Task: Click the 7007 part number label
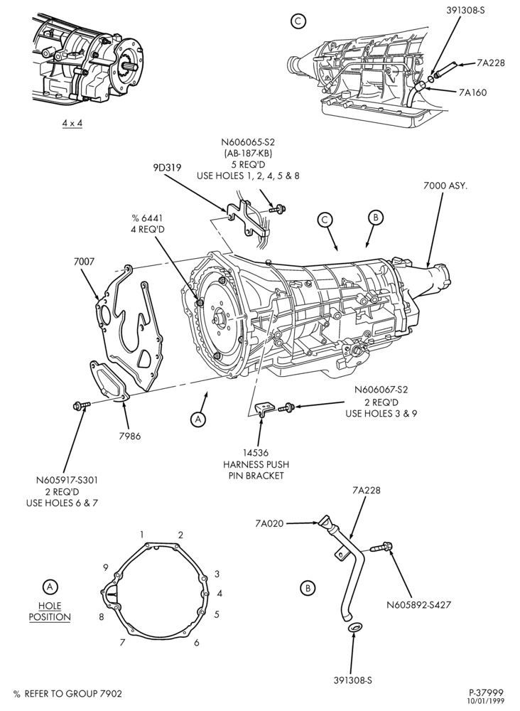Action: [x=83, y=262]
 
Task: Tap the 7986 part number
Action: [x=130, y=437]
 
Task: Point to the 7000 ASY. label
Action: [x=445, y=186]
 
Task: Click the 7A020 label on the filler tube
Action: [x=269, y=524]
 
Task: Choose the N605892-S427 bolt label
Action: [x=419, y=604]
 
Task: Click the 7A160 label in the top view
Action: [x=472, y=92]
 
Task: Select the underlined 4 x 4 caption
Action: [x=72, y=123]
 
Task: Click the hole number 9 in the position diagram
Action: [x=106, y=567]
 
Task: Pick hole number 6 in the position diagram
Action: [x=197, y=643]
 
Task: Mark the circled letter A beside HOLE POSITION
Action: [x=50, y=587]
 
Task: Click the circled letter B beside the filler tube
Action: [x=308, y=588]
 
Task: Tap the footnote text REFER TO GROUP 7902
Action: [x=73, y=693]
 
